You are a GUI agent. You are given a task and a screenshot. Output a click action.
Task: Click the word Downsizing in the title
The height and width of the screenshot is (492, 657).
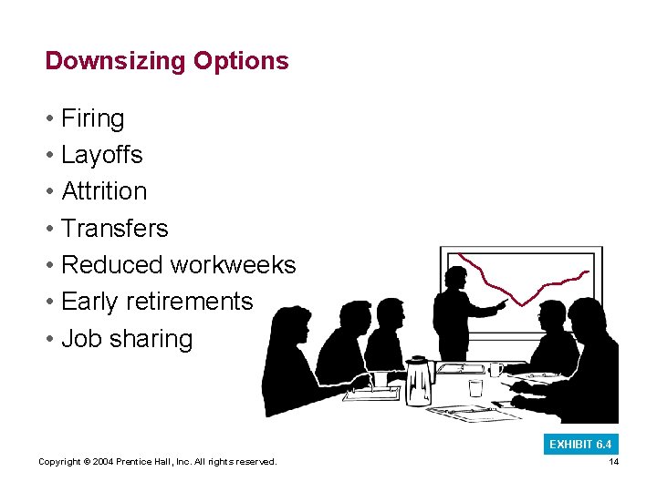pos(116,61)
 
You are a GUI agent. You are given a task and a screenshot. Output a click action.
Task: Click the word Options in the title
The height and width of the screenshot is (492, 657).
pos(241,61)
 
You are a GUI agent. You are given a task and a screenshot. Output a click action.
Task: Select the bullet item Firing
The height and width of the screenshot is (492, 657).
pos(92,118)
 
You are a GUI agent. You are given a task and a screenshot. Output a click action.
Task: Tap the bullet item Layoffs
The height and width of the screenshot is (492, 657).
pos(101,155)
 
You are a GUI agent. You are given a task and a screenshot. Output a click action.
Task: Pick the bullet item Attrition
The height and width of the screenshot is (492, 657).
pos(103,191)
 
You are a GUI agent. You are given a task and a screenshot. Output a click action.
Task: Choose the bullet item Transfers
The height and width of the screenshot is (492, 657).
pos(114,228)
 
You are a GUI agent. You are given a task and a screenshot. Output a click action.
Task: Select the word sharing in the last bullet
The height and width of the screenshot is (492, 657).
pos(151,339)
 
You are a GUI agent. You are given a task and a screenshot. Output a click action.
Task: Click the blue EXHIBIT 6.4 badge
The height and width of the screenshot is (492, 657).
pos(580,445)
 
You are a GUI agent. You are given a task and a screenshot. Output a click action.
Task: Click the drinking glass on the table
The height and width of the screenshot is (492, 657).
pos(475,387)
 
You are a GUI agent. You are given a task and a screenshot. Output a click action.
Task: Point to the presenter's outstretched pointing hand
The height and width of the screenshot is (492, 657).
pos(502,302)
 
